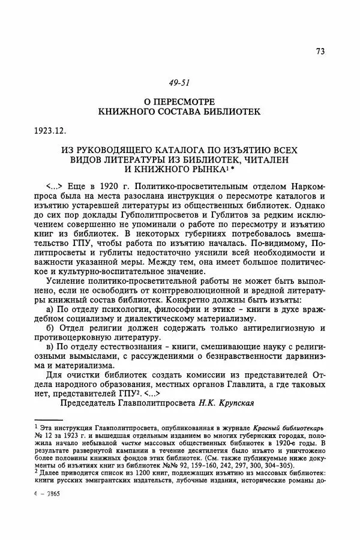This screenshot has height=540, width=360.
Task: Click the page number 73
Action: point(320,51)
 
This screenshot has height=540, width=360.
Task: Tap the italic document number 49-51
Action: point(179,82)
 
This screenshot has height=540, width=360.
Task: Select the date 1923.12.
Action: point(50,129)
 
